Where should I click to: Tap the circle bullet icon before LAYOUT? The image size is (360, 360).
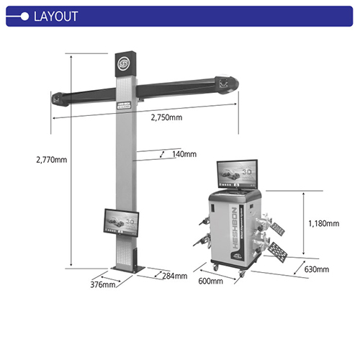pos(24,17)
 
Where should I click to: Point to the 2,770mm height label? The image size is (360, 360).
pos(51,160)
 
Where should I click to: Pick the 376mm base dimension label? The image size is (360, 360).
pos(103,285)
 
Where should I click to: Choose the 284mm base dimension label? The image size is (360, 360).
pos(174,276)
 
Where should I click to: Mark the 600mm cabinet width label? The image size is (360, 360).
pos(211,282)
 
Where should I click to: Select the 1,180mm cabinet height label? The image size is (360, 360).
pos(323,223)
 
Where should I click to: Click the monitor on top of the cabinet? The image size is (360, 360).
pos(238,175)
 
